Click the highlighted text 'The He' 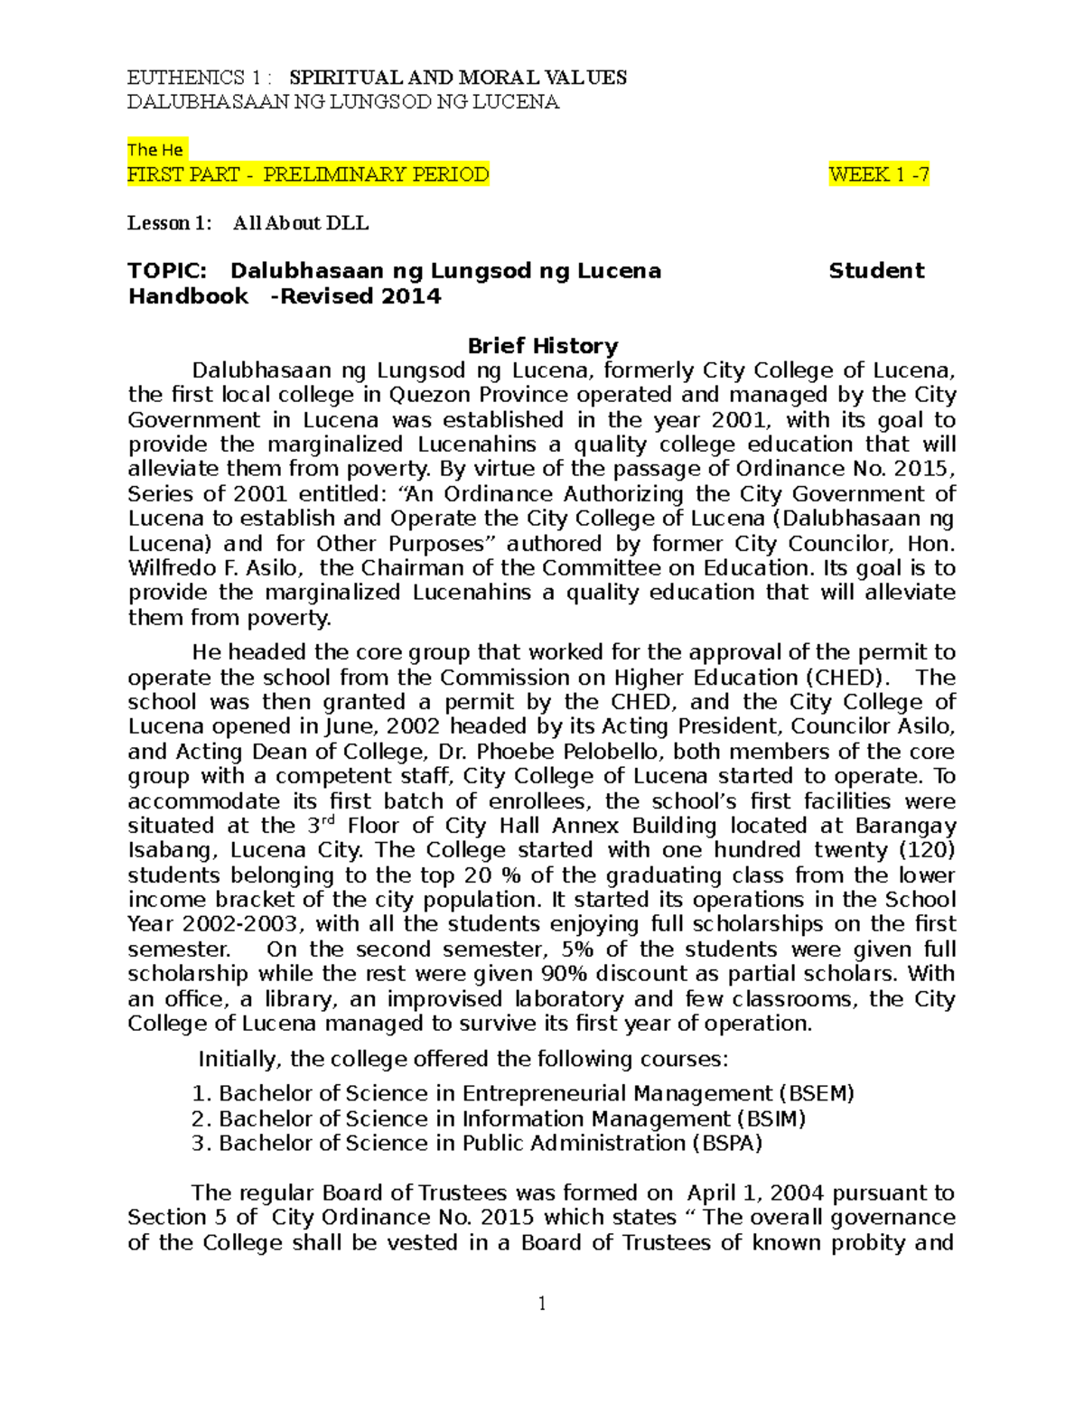(x=155, y=150)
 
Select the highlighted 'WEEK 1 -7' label (x=878, y=174)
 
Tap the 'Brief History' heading (x=542, y=346)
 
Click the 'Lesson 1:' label (x=170, y=223)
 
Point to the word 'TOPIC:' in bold (x=167, y=271)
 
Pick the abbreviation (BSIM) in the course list (x=772, y=1118)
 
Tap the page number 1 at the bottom (x=542, y=1303)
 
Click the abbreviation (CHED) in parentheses (x=842, y=678)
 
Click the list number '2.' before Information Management (x=201, y=1118)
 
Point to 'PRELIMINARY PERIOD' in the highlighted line (x=376, y=174)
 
